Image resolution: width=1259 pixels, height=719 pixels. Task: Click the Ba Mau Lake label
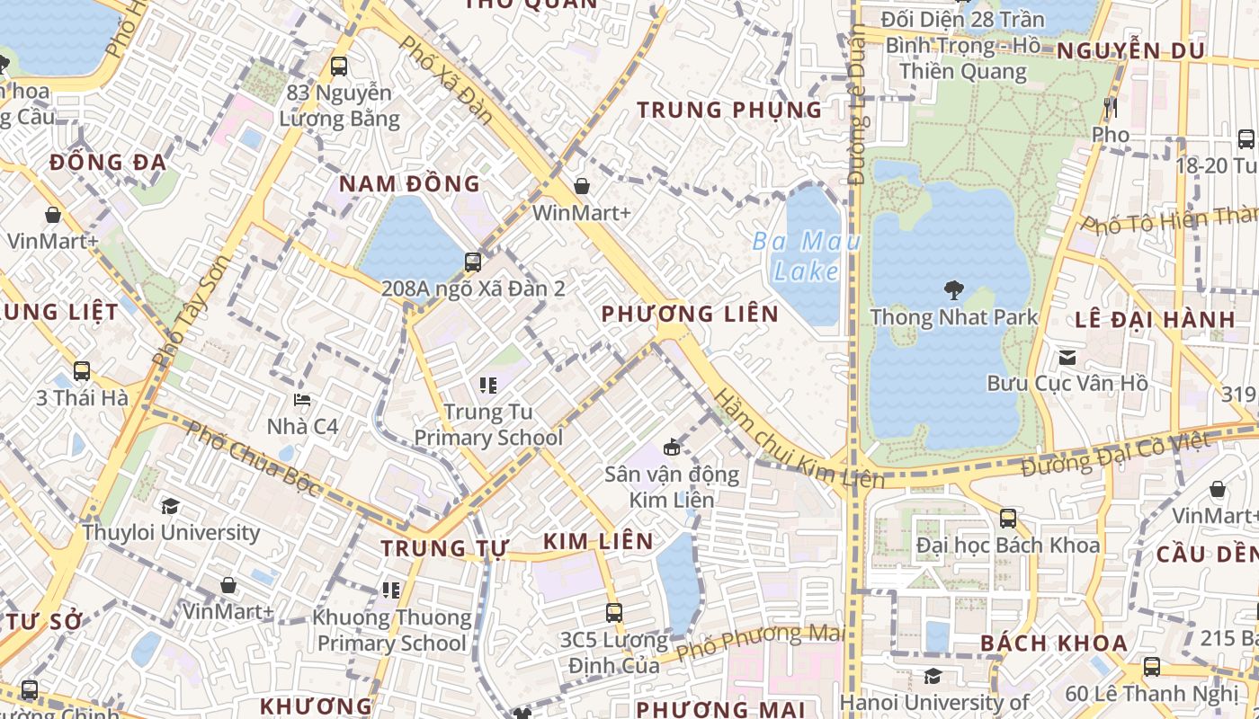click(806, 256)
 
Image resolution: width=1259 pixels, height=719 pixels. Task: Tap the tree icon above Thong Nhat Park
click(953, 289)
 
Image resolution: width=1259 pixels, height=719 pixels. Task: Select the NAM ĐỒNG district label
click(409, 184)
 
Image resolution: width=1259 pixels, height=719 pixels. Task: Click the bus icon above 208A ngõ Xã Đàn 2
click(473, 262)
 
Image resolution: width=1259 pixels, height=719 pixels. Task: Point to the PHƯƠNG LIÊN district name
click(690, 314)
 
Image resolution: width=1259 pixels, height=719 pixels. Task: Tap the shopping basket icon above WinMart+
click(582, 186)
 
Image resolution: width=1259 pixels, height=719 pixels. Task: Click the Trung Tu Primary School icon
click(488, 386)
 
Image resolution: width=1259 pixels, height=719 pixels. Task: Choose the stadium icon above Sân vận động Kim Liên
click(672, 447)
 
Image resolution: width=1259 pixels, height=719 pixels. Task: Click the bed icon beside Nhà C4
click(302, 400)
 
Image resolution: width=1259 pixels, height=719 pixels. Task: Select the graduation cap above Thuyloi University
click(170, 506)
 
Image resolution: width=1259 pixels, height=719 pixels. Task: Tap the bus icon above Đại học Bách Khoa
click(1007, 518)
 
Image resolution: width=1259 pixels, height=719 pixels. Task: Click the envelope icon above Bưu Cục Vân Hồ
click(1067, 357)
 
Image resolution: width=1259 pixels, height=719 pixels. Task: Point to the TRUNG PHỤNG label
click(729, 111)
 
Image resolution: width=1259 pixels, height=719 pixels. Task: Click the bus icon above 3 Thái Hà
click(82, 370)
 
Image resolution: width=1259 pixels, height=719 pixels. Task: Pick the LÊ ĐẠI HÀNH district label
click(1155, 320)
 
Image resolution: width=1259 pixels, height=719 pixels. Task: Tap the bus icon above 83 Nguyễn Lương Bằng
click(338, 66)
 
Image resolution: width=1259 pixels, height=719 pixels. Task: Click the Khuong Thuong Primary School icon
click(391, 590)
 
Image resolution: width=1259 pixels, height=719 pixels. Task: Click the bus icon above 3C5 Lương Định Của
click(614, 613)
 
